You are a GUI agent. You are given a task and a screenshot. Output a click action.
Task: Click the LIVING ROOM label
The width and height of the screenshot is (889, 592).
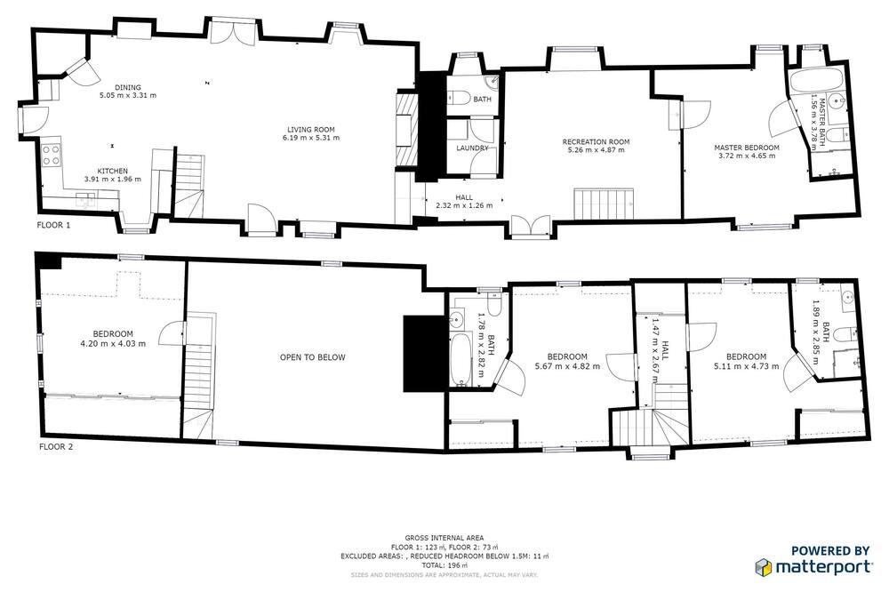pyautogui.click(x=310, y=129)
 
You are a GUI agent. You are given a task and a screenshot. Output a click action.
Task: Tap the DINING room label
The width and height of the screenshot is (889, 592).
pyautogui.click(x=127, y=87)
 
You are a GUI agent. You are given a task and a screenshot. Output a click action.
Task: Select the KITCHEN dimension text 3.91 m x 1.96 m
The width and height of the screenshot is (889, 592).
pyautogui.click(x=112, y=180)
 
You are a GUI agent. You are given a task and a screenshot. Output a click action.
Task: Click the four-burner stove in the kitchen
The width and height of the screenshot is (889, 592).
pyautogui.click(x=51, y=156)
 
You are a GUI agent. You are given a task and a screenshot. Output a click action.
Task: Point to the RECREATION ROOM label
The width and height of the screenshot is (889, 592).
pyautogui.click(x=596, y=141)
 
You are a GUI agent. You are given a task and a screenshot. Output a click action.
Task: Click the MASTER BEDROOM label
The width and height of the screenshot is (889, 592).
pyautogui.click(x=746, y=148)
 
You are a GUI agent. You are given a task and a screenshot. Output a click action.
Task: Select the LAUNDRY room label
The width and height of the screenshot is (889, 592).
pyautogui.click(x=472, y=148)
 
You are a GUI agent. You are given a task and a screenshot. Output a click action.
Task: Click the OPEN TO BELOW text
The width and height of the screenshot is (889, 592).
pyautogui.click(x=312, y=357)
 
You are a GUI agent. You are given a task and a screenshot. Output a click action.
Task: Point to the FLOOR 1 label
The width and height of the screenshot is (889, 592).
pyautogui.click(x=54, y=225)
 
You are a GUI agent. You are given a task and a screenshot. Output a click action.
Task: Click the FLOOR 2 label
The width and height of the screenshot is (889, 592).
pyautogui.click(x=55, y=447)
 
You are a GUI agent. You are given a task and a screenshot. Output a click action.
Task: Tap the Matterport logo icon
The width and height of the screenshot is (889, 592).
pyautogui.click(x=763, y=566)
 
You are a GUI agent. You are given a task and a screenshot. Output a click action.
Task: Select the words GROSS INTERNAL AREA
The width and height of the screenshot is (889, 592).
pyautogui.click(x=444, y=538)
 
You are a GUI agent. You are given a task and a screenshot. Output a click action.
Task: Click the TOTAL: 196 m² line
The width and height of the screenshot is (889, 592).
pyautogui.click(x=444, y=565)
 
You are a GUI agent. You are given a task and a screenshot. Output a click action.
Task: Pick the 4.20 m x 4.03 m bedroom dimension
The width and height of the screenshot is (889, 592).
pyautogui.click(x=113, y=344)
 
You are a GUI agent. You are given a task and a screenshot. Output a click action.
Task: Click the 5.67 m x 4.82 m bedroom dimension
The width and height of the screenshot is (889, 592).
pyautogui.click(x=567, y=366)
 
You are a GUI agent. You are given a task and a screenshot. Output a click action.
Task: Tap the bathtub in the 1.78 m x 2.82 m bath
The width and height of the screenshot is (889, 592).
pyautogui.click(x=460, y=359)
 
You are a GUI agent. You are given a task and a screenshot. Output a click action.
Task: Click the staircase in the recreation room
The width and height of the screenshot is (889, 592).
pyautogui.click(x=604, y=204)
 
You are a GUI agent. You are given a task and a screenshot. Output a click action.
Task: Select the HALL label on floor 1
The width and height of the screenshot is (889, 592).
pyautogui.click(x=464, y=197)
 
